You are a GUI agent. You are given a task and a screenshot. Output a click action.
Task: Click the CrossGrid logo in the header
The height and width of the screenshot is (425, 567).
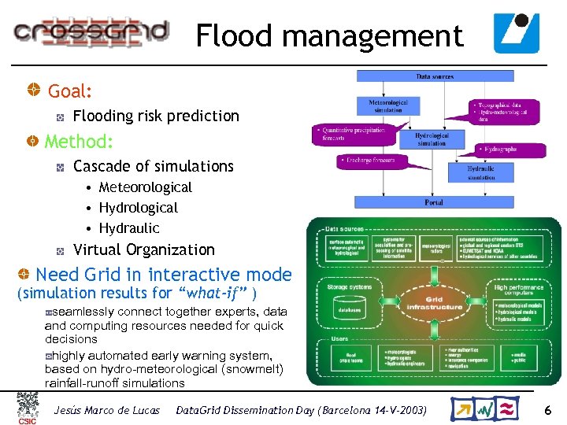coord(91,31)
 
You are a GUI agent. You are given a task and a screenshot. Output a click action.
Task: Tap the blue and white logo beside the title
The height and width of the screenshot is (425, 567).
coord(517,32)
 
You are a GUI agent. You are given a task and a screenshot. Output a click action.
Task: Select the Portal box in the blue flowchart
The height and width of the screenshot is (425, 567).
coord(433,202)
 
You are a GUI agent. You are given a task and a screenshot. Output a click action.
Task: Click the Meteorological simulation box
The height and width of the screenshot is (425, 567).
coord(388,106)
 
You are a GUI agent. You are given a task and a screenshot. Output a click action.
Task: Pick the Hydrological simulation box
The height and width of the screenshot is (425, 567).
coord(432,139)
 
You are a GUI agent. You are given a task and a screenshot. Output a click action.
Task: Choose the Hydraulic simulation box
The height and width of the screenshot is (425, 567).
coord(481,173)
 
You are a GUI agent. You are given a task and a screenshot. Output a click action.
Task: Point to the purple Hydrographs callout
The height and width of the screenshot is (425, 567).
coord(498,149)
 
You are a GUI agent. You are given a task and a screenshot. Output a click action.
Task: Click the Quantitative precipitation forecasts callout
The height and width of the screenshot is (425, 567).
coord(350,134)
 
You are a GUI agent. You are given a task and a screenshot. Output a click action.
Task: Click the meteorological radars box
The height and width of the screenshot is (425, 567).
coord(435,248)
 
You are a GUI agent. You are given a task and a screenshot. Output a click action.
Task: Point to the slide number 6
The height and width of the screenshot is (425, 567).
coord(547,409)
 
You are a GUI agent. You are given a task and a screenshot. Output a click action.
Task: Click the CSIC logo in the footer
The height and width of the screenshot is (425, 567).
coord(27,408)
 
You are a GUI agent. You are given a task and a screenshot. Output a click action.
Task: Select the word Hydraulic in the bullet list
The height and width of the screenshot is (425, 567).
coord(129,228)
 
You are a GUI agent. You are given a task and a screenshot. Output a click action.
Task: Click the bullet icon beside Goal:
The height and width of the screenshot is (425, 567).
coord(35,91)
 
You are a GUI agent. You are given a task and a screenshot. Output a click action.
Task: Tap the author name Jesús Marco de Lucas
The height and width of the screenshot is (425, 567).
coord(106,410)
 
